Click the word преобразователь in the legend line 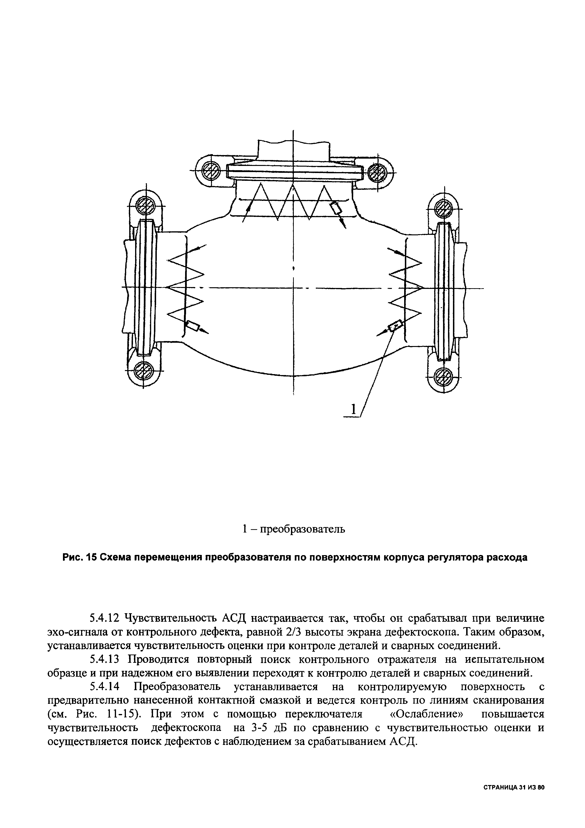pos(303,529)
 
